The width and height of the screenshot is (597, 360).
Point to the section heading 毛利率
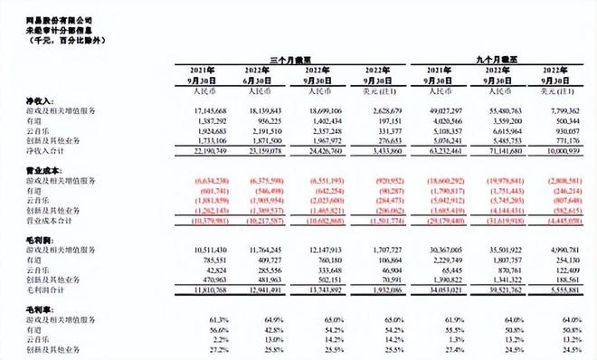click(14, 310)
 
